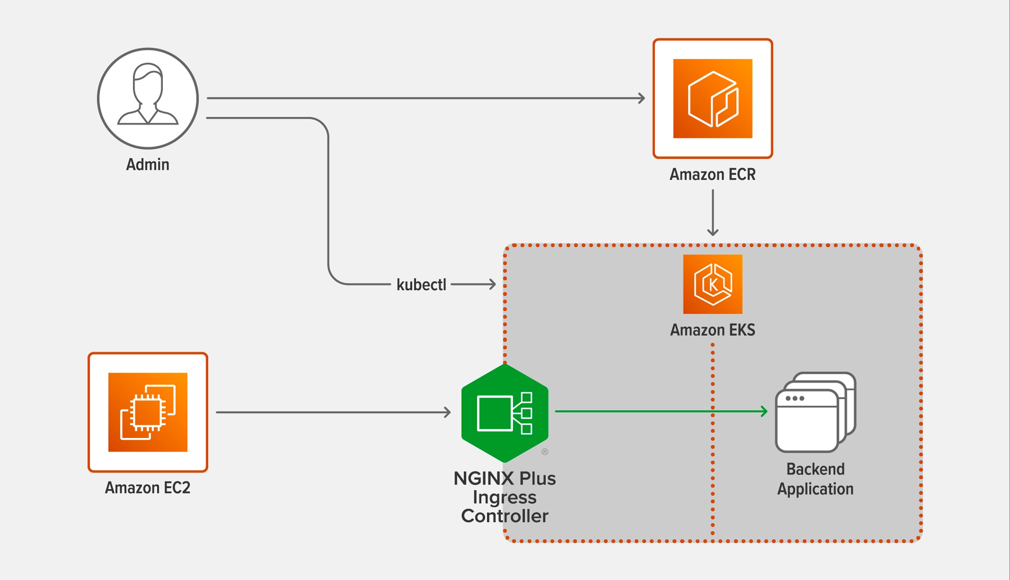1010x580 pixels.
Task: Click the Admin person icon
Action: click(148, 98)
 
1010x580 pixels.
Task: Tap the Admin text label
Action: click(147, 165)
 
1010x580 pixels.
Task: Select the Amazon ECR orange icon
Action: click(713, 99)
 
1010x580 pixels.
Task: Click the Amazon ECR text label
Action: click(712, 175)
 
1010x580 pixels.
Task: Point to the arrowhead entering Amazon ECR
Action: click(642, 98)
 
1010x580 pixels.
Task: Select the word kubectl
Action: click(421, 285)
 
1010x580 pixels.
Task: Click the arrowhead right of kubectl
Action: click(492, 284)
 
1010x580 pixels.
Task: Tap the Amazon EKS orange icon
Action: click(713, 284)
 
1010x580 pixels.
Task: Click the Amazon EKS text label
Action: click(712, 330)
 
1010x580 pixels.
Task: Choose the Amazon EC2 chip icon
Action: click(148, 412)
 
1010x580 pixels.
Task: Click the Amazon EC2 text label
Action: click(147, 488)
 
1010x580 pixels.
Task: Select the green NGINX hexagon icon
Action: click(505, 413)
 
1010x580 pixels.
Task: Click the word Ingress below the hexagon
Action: click(505, 498)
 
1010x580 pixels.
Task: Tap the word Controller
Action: click(505, 516)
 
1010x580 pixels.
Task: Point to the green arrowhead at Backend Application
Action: click(764, 411)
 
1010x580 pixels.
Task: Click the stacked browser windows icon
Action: click(815, 412)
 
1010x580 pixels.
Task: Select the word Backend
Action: click(815, 469)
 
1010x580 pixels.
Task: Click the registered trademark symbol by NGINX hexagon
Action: click(545, 452)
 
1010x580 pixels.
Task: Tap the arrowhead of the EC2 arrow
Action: click(447, 412)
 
